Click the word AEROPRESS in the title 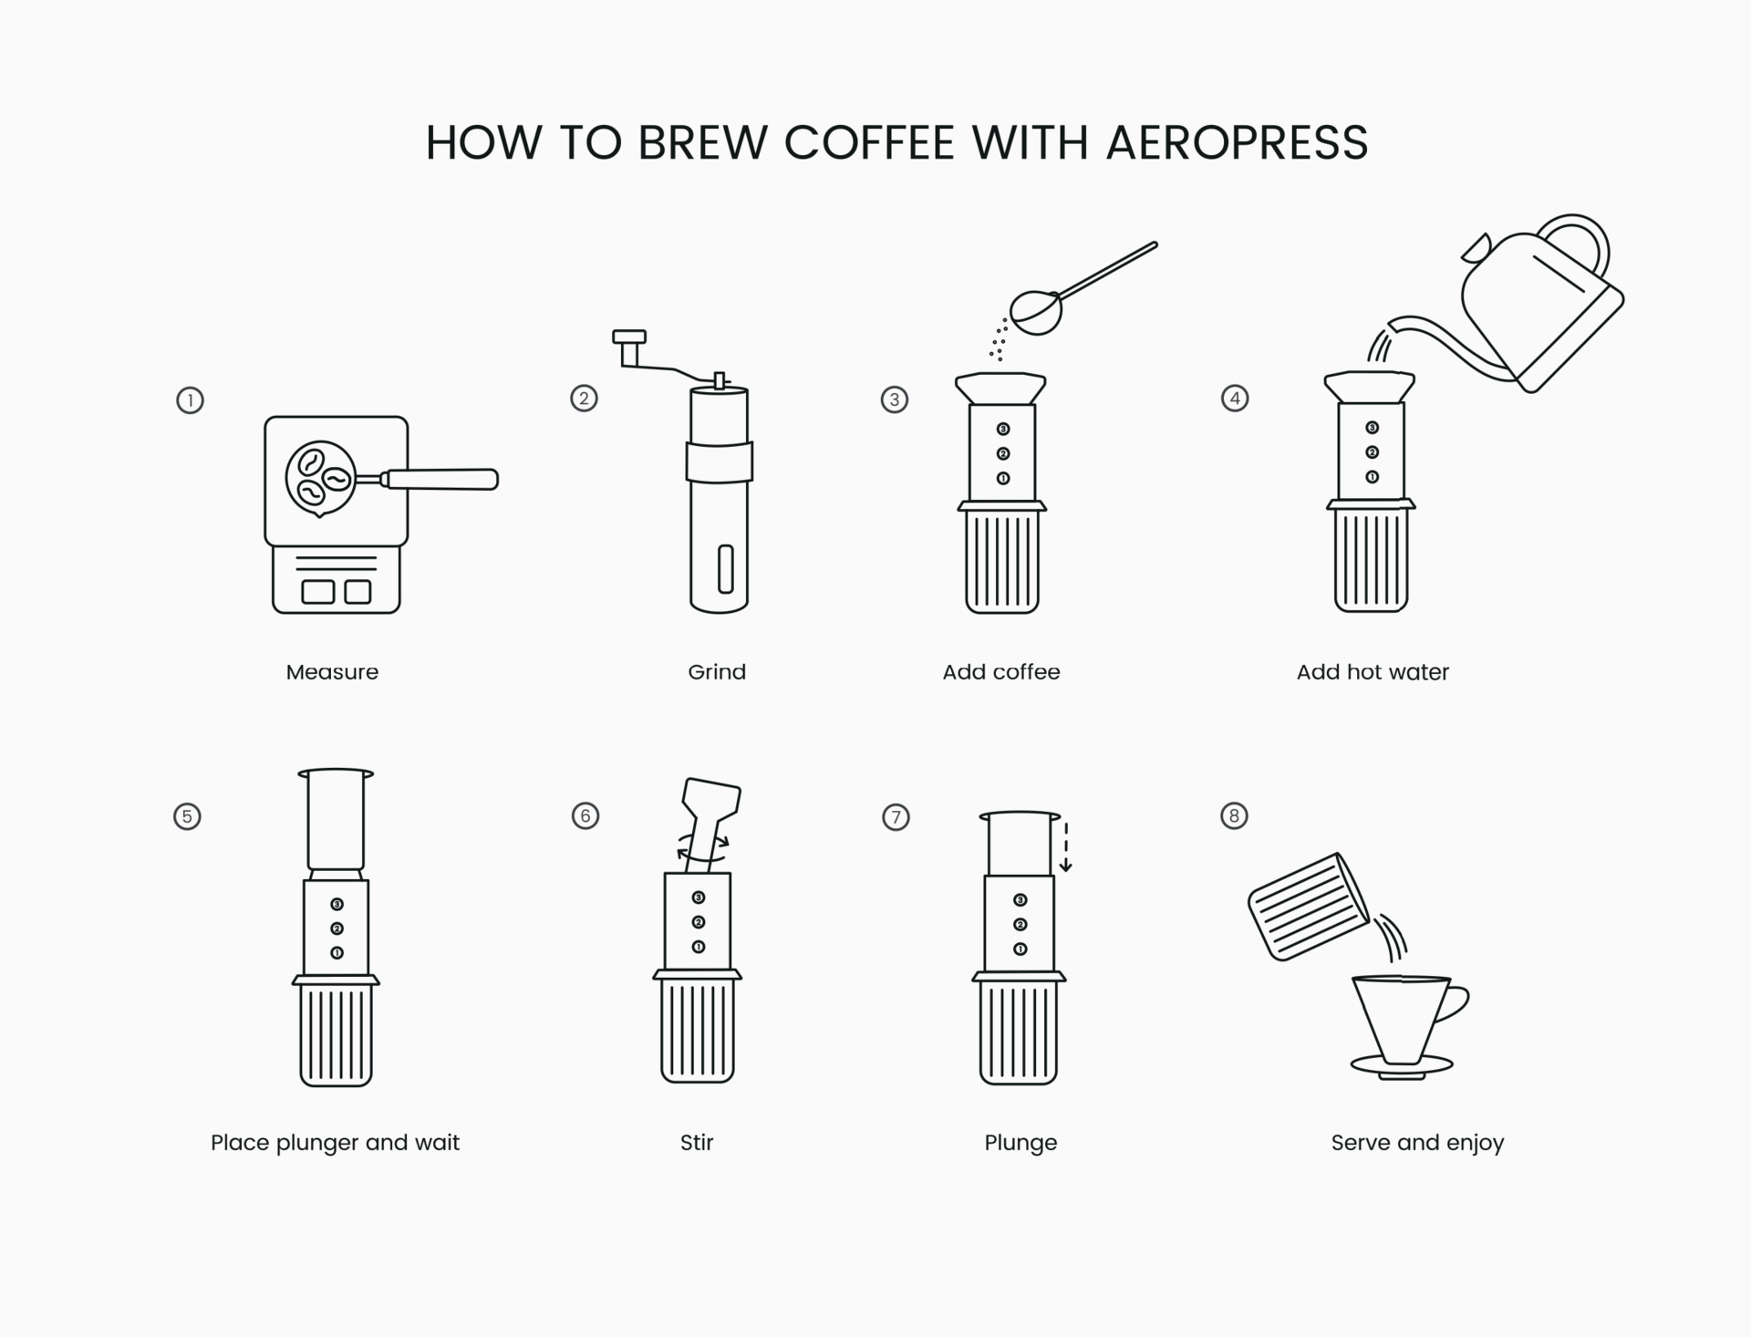1237,142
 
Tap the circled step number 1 190,400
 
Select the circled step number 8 1234,815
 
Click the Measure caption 332,672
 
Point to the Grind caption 717,672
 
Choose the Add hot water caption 1373,672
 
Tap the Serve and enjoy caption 1417,1143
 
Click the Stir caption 697,1143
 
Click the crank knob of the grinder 629,337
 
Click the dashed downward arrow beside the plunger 1065,845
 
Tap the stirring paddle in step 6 710,803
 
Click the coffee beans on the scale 319,477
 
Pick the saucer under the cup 1402,1065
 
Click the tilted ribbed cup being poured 1308,907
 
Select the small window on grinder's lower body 725,569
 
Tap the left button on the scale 317,592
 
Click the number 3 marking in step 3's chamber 1003,429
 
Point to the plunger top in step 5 336,774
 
